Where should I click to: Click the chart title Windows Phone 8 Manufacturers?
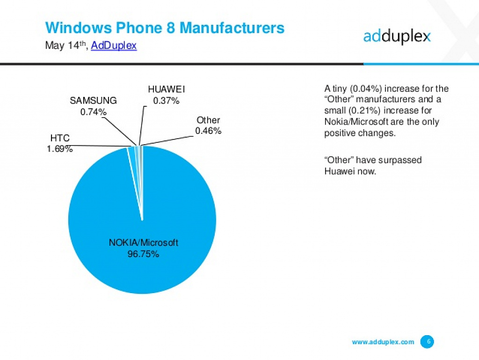[x=165, y=28]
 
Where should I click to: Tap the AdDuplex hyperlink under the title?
[x=114, y=45]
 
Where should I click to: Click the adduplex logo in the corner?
[x=397, y=37]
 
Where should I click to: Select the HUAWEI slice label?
[x=167, y=89]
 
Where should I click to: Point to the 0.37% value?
[x=166, y=101]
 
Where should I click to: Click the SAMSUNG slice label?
[x=93, y=101]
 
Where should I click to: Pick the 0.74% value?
[x=94, y=112]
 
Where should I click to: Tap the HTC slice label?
[x=60, y=138]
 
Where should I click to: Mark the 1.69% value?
[x=60, y=149]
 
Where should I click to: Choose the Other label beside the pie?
[x=208, y=120]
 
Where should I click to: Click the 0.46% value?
[x=208, y=131]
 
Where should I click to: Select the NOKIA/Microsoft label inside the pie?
[x=143, y=242]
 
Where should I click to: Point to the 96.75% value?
[x=143, y=254]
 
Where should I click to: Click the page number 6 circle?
[x=427, y=342]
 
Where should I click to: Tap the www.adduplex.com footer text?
[x=383, y=342]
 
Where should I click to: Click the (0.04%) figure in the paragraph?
[x=366, y=88]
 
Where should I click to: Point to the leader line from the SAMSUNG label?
[x=119, y=131]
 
